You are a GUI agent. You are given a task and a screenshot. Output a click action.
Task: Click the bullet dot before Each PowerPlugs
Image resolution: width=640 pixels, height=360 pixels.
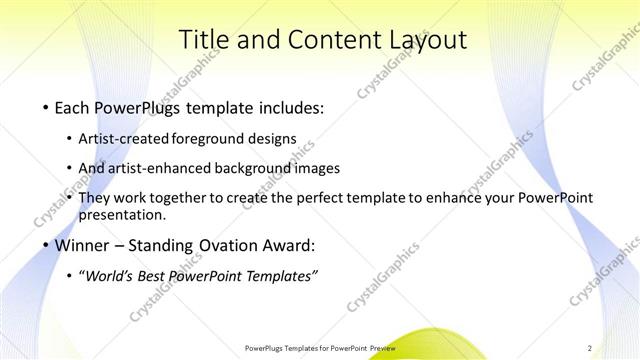click(46, 106)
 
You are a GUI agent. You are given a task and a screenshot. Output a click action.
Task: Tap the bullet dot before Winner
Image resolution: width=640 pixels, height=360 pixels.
click(46, 246)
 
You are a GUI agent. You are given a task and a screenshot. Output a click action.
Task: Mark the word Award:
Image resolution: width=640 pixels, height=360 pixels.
click(288, 246)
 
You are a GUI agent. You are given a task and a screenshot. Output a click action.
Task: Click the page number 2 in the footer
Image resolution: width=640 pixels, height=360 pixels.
click(589, 347)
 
